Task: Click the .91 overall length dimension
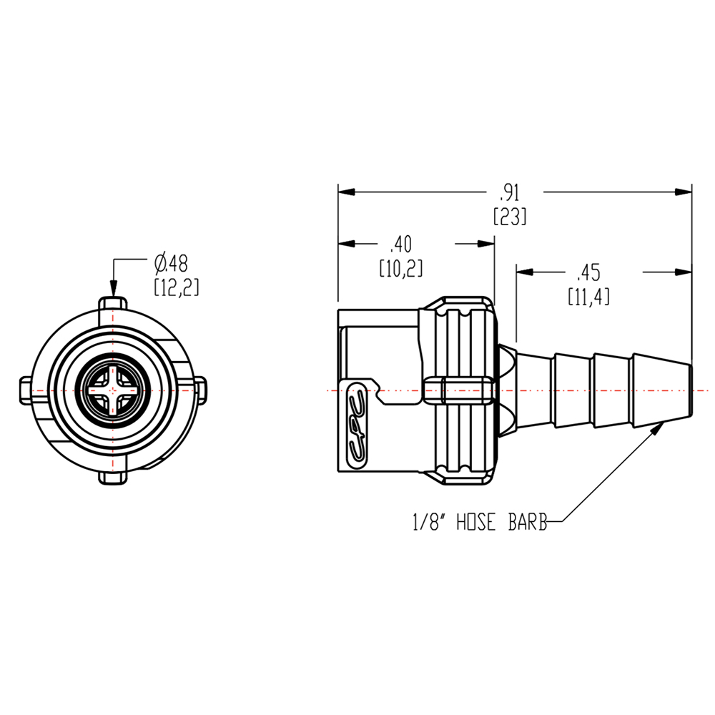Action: pyautogui.click(x=509, y=192)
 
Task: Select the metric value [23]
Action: pyautogui.click(x=509, y=216)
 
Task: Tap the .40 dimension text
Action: pyautogui.click(x=401, y=245)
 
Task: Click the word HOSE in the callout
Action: pyautogui.click(x=473, y=524)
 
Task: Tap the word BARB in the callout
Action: pyautogui.click(x=527, y=524)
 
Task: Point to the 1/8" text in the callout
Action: pyautogui.click(x=429, y=524)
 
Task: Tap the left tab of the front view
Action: pyautogui.click(x=24, y=390)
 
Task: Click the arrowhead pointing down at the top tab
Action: pyautogui.click(x=112, y=290)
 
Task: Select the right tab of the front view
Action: pyautogui.click(x=201, y=390)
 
